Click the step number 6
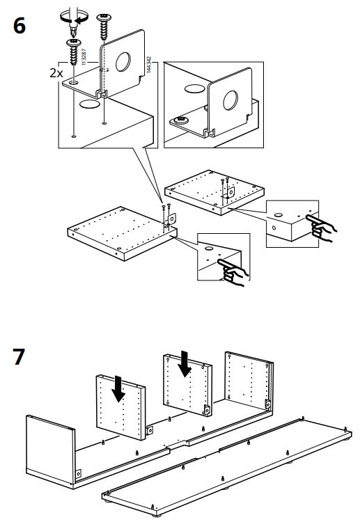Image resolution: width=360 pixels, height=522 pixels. coord(19,26)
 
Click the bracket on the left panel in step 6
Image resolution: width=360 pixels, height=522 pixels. coord(171,218)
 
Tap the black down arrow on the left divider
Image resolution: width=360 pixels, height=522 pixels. coord(119,388)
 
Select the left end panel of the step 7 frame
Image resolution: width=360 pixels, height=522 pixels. coord(50,445)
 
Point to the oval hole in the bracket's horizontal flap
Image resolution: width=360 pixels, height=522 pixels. coord(90,105)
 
